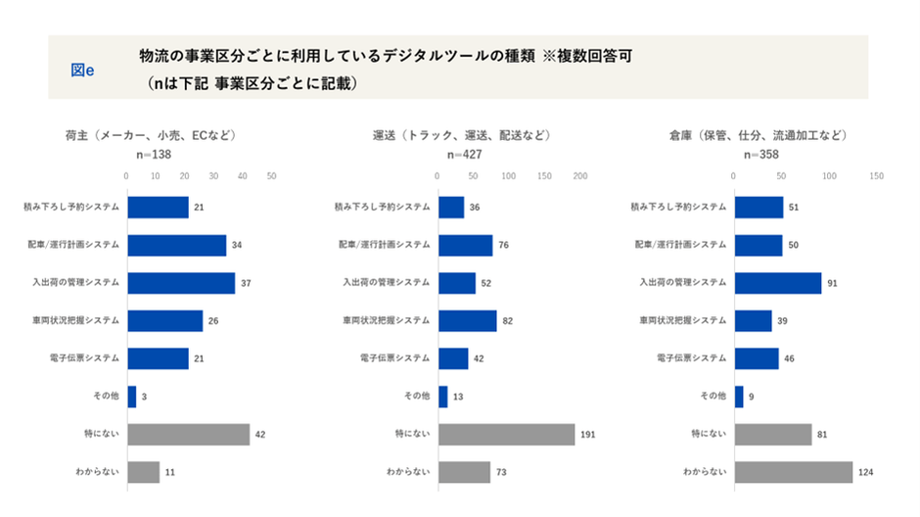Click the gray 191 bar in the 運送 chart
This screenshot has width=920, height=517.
click(506, 434)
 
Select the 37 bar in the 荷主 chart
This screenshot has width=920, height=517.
click(181, 283)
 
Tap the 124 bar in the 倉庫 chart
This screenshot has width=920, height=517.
click(794, 472)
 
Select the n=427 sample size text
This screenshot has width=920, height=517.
click(462, 155)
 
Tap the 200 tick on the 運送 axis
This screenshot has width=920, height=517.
click(579, 176)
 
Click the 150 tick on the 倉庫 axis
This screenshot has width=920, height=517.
click(876, 176)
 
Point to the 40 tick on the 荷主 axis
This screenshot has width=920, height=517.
click(243, 176)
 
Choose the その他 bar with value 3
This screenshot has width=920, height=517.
click(131, 397)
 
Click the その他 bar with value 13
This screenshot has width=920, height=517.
click(443, 397)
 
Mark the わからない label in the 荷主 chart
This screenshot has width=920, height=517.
click(98, 472)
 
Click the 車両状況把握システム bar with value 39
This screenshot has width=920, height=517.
click(753, 321)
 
